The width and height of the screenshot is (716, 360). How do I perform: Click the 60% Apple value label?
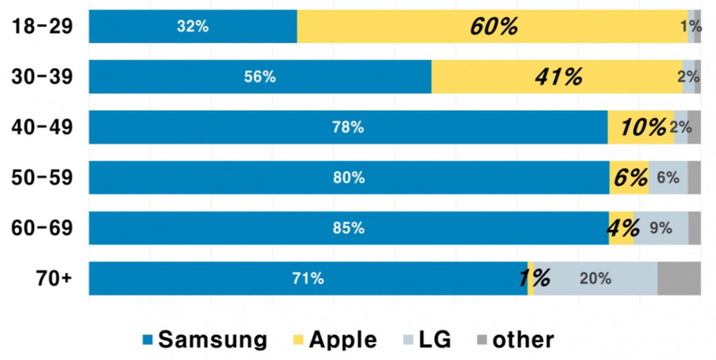[x=493, y=27]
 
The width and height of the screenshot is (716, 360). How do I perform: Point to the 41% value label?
[x=558, y=77]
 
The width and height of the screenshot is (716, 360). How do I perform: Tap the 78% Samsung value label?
[x=348, y=127]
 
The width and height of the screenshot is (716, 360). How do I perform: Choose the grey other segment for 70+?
[x=678, y=279]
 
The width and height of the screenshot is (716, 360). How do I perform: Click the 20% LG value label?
[x=595, y=279]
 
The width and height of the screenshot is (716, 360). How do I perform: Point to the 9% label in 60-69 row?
[x=661, y=228]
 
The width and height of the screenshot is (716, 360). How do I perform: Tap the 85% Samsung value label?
[x=348, y=228]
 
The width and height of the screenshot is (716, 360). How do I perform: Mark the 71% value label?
[x=307, y=279]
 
